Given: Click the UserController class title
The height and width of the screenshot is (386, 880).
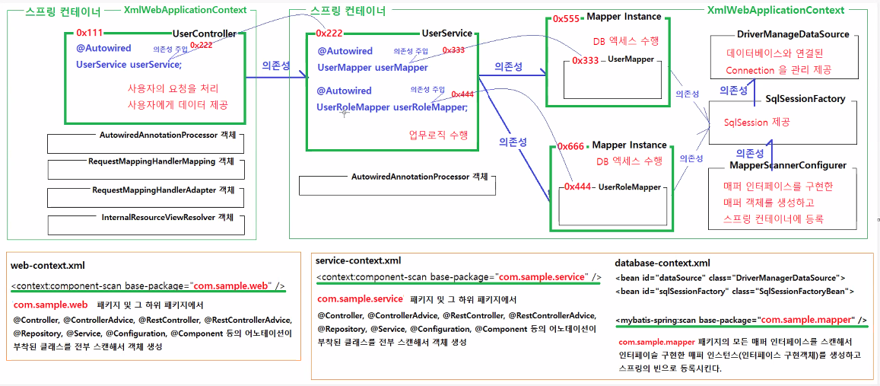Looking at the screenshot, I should point(204,33).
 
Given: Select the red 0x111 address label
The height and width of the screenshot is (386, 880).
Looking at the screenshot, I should point(90,33).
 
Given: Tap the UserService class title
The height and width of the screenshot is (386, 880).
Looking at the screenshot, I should point(446,33).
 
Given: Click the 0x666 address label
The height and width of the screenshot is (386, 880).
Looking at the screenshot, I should point(570,145).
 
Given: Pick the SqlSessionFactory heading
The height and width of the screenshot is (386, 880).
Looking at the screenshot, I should point(805,99).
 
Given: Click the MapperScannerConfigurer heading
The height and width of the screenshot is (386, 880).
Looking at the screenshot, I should point(788,165).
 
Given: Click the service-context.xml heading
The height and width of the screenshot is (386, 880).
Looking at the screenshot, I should point(357,260).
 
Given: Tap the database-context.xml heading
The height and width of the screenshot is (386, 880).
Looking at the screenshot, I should point(662,263).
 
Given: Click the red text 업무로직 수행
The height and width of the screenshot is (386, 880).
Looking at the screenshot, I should point(437,135).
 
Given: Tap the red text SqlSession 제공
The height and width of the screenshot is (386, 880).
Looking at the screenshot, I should point(756,122).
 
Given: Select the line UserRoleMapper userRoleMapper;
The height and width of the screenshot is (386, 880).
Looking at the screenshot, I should point(392,107).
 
